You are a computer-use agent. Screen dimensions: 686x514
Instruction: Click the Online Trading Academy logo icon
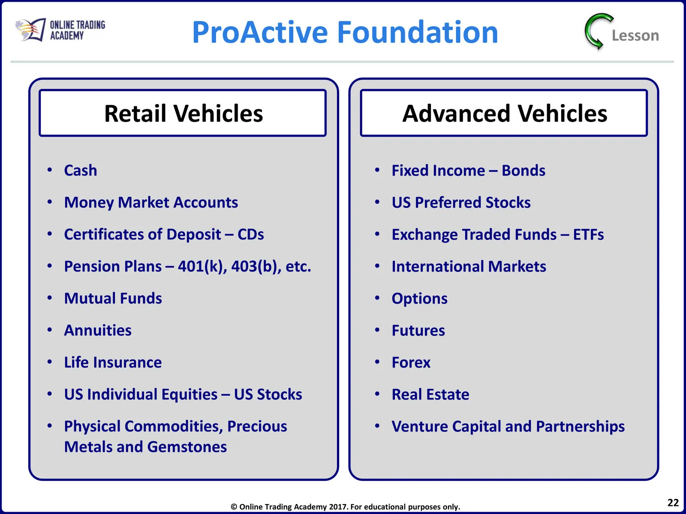[30, 30]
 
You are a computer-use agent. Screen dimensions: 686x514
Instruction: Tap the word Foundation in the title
[418, 32]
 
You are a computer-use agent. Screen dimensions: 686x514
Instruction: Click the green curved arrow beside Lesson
[598, 31]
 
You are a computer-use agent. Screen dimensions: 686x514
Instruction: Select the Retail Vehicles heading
[184, 113]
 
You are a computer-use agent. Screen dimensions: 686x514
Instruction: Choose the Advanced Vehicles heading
[505, 113]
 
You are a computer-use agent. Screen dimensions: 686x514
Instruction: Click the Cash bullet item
[81, 170]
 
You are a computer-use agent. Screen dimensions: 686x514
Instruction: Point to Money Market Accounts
[151, 203]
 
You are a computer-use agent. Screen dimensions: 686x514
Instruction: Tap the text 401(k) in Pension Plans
[202, 266]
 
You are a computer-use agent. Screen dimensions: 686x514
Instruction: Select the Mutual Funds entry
[113, 299]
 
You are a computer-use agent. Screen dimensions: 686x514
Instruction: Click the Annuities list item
[98, 330]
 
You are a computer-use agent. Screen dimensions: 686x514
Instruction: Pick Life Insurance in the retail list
[113, 362]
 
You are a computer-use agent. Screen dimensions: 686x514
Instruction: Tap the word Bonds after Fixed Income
[524, 170]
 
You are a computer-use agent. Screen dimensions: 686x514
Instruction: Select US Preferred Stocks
[461, 203]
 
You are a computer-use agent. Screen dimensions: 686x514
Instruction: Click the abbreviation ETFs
[588, 234]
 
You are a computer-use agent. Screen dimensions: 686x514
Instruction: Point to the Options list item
[419, 299]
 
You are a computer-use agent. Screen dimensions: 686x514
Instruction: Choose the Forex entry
[411, 362]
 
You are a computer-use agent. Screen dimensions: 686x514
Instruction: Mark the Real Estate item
[430, 394]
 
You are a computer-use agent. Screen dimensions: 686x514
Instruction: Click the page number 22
[673, 503]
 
